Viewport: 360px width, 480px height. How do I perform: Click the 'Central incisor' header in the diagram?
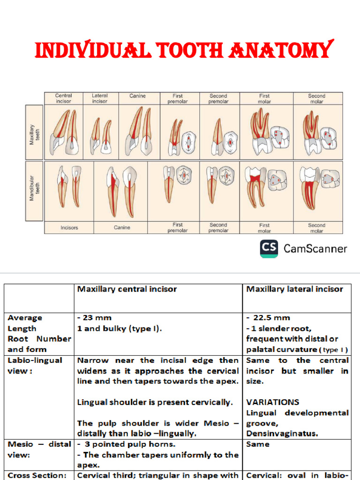[x=63, y=98]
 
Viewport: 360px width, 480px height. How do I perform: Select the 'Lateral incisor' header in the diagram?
[x=99, y=98]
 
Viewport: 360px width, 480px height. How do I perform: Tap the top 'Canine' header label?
[x=137, y=96]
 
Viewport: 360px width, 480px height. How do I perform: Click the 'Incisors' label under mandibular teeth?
[x=69, y=228]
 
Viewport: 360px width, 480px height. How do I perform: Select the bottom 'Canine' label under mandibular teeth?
[x=122, y=228]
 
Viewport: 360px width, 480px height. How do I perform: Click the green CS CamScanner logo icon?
[x=269, y=248]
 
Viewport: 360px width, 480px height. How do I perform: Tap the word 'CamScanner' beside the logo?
[x=315, y=249]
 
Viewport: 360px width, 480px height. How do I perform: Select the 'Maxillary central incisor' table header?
[x=127, y=289]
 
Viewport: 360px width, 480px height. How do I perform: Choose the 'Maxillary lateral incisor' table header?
[x=294, y=289]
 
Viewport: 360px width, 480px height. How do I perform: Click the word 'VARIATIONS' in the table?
[x=272, y=402]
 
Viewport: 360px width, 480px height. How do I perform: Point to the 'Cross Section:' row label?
[x=37, y=475]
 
